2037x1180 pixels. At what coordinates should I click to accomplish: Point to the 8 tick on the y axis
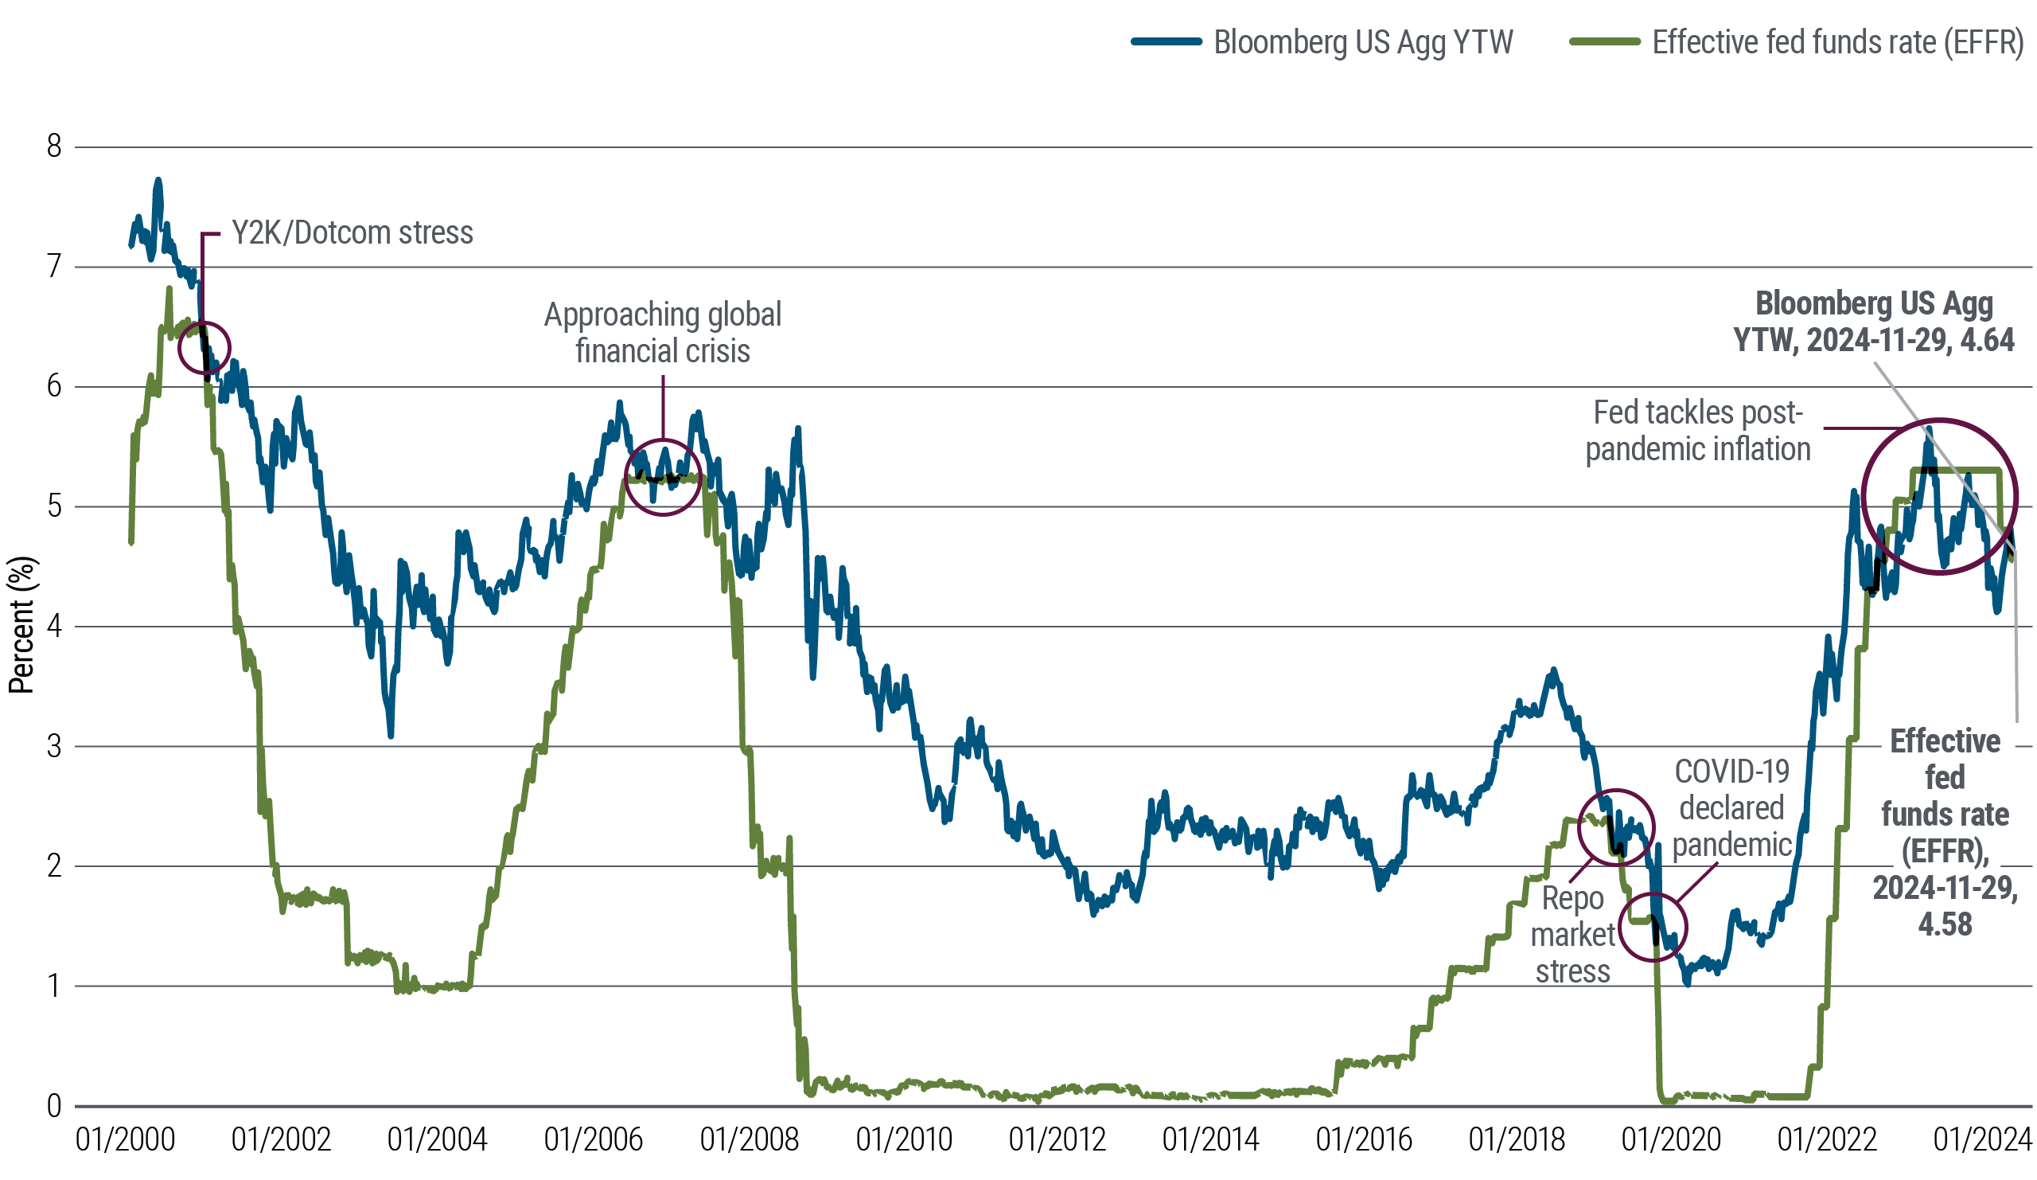[54, 148]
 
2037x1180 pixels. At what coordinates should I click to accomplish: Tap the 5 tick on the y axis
[54, 507]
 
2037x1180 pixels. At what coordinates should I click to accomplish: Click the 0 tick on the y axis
[54, 1106]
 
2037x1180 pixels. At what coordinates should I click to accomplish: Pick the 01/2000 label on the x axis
[125, 1141]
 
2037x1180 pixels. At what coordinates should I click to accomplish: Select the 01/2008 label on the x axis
[750, 1141]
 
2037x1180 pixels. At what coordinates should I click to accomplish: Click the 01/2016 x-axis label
[1364, 1141]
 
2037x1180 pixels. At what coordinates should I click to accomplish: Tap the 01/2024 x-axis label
[1982, 1141]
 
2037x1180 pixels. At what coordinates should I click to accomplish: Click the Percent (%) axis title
[21, 625]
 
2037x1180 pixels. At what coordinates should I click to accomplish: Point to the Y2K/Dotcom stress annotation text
[352, 233]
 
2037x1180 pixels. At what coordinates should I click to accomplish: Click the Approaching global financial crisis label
[663, 332]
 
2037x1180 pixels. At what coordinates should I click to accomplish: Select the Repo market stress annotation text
[1572, 934]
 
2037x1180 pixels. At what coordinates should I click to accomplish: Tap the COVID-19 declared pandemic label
[1731, 808]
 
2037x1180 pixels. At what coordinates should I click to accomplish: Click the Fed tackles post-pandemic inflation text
[1697, 430]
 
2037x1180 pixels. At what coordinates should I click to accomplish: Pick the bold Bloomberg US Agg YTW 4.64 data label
[1874, 322]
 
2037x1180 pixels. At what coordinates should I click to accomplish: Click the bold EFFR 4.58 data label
[1944, 833]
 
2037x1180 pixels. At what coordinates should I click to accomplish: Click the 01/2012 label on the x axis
[1057, 1141]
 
